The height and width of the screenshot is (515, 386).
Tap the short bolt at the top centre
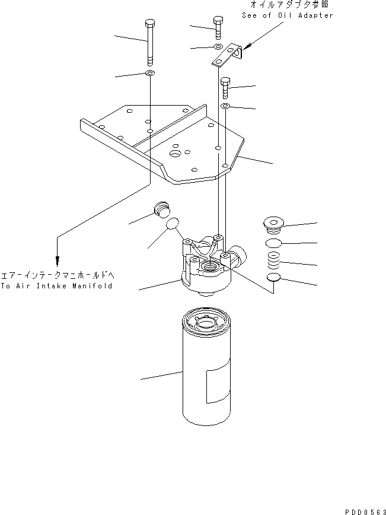point(217,27)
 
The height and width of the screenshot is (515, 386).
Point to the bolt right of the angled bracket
point(225,88)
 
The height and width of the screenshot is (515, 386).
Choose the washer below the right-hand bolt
point(227,106)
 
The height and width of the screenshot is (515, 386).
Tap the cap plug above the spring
point(274,224)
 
